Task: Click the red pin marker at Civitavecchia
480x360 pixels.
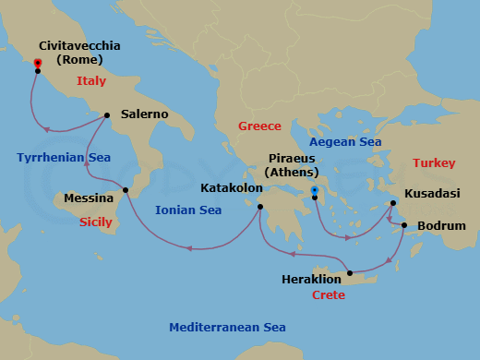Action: tap(38, 64)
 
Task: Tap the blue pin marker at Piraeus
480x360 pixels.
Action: tap(315, 191)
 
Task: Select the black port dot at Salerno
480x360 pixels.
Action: tap(108, 115)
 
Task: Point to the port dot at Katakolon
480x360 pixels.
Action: tap(260, 207)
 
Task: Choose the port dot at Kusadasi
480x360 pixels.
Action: tap(393, 203)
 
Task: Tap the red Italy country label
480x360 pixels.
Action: tap(91, 81)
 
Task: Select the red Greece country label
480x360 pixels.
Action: tap(259, 126)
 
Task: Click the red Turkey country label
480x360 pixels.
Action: tap(434, 163)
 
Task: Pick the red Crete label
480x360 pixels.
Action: tap(328, 294)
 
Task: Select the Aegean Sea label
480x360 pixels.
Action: tap(345, 142)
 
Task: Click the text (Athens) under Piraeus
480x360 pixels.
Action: tap(291, 172)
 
